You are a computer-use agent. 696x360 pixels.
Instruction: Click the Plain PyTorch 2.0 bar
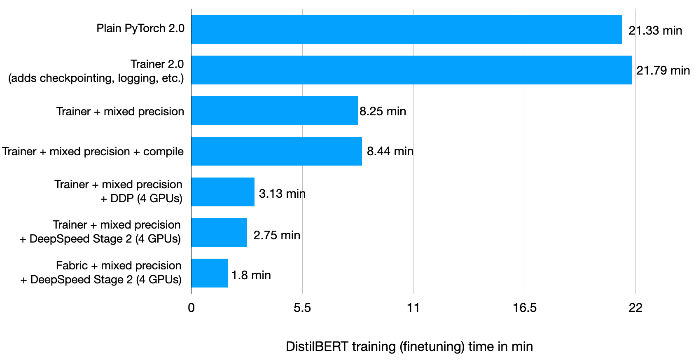pos(406,29)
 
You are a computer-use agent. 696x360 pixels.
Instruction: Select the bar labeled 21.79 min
pos(411,70)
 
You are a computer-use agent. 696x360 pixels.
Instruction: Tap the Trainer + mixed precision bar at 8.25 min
pos(274,110)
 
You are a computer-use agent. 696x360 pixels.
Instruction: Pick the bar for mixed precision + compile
pos(276,151)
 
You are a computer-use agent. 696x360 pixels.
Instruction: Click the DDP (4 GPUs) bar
pos(223,192)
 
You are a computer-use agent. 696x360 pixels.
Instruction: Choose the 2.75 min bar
pos(219,232)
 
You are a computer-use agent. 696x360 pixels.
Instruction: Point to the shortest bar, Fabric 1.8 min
pos(209,273)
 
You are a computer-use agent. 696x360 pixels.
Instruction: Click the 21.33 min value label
pos(655,30)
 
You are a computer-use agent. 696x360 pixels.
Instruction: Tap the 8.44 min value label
pos(390,151)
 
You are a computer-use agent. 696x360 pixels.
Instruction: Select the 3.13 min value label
pos(282,194)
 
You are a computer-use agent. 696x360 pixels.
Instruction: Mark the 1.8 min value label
pos(251,275)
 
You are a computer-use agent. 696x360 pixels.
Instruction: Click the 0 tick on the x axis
pos(191,308)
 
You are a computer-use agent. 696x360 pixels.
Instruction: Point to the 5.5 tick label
pos(302,308)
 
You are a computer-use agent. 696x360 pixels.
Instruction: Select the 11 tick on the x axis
pos(413,308)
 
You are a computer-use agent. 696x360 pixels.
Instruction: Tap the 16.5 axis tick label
pos(525,308)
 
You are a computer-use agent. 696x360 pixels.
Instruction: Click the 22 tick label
pos(635,308)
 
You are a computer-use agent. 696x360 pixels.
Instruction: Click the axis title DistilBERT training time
pos(409,346)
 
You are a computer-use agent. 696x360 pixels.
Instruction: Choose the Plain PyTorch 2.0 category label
pos(140,28)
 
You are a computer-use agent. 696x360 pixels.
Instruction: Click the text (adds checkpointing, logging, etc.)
pos(96,78)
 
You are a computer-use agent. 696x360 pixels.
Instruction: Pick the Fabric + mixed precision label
pos(119,266)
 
